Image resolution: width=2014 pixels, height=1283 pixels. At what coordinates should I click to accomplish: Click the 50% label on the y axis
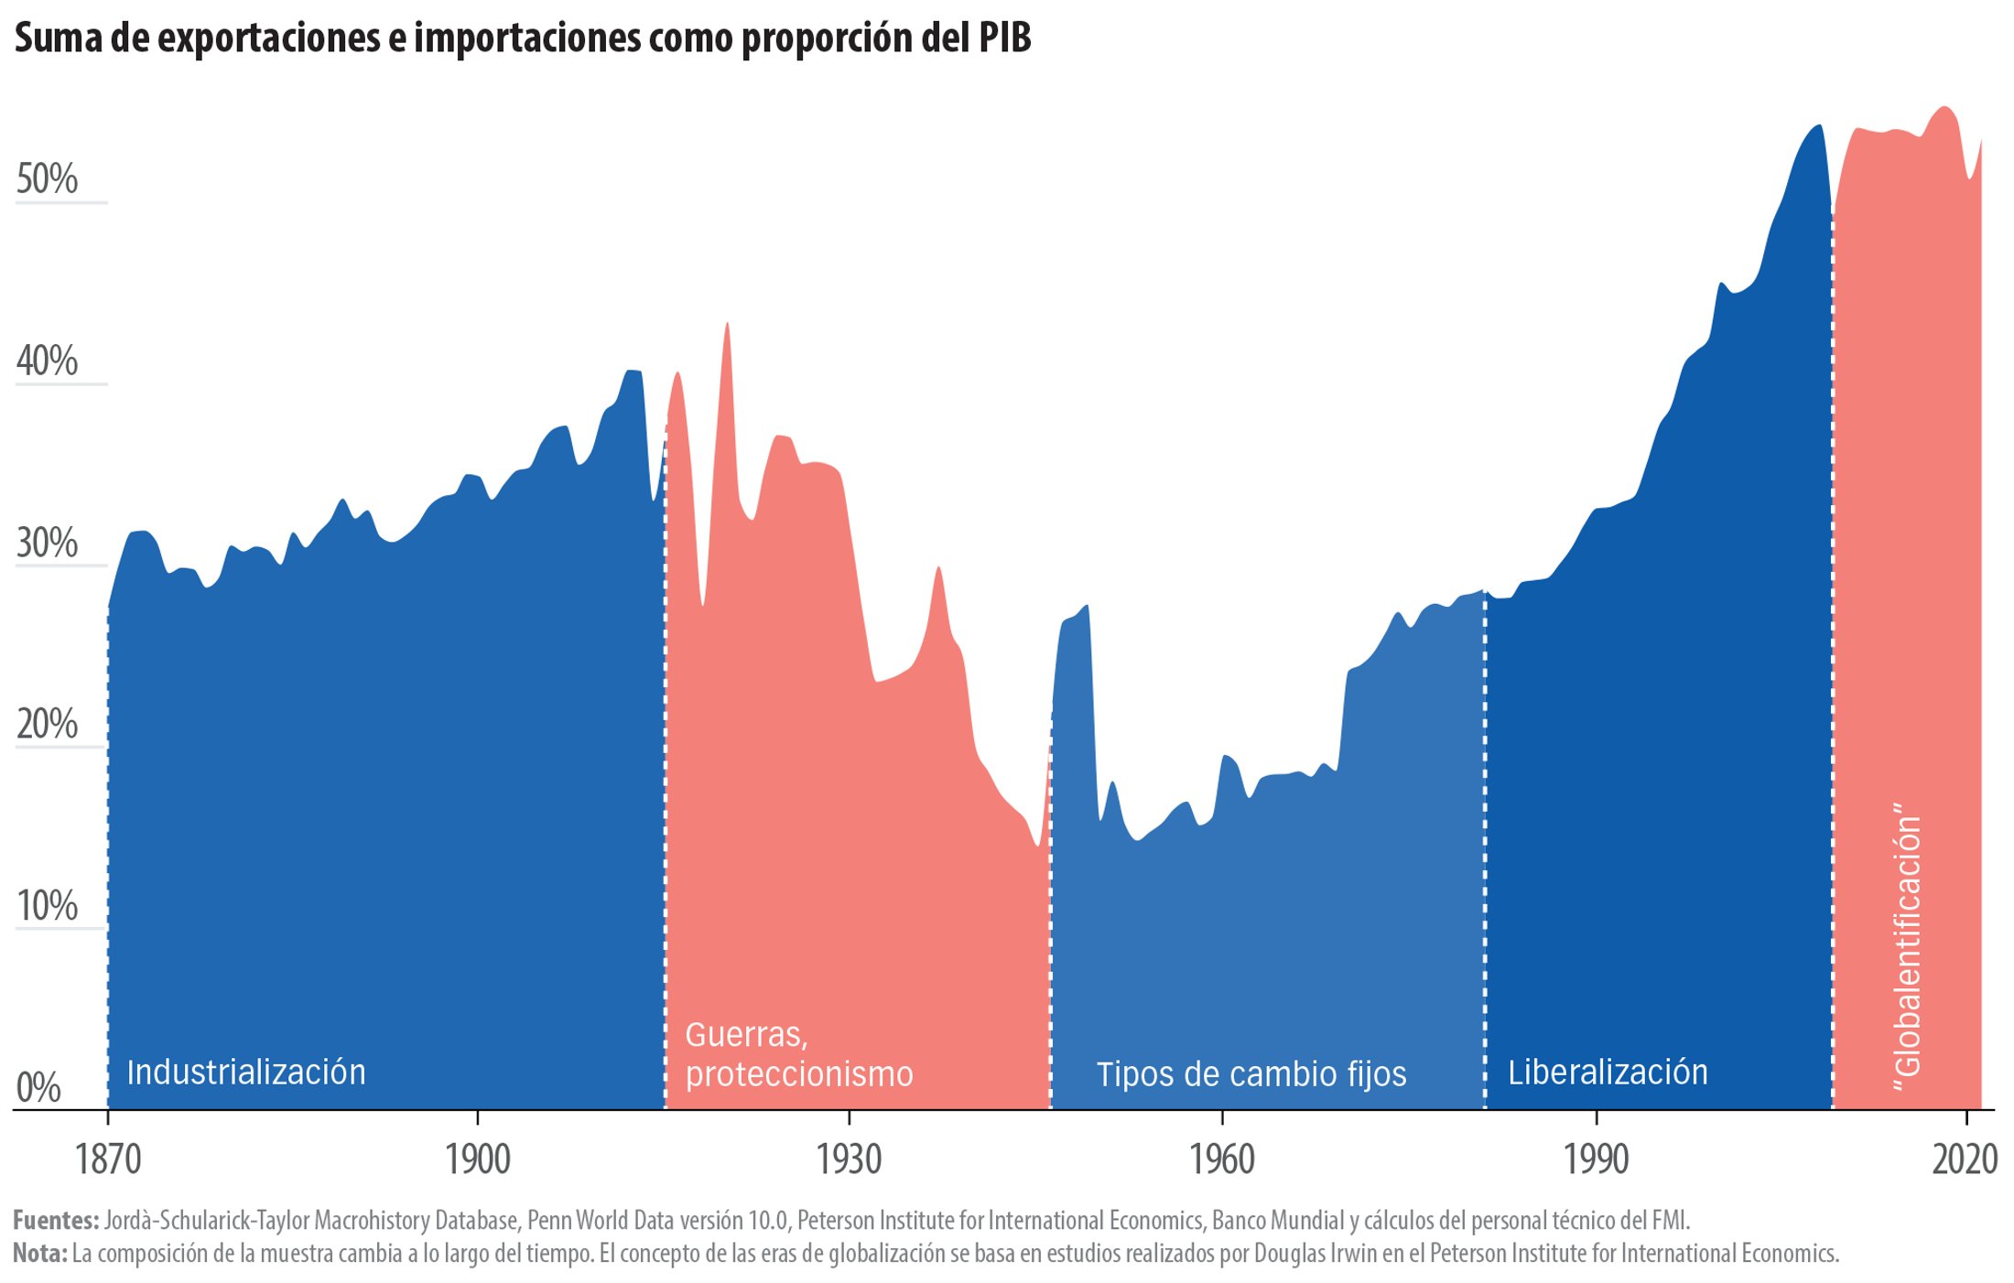(47, 179)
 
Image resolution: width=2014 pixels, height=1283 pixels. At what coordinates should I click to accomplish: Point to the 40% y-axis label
(47, 361)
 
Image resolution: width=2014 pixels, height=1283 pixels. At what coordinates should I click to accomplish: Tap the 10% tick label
(47, 906)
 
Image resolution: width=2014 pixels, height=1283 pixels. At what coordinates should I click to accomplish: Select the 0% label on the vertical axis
(38, 1088)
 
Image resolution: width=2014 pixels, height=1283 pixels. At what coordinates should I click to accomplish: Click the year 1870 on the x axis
(108, 1160)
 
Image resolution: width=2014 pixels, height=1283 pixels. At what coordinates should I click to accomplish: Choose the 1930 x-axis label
(849, 1160)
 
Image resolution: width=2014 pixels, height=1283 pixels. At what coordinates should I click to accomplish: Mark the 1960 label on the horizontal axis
(1221, 1160)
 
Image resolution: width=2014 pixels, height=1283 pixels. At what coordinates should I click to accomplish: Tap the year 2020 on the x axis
(1965, 1160)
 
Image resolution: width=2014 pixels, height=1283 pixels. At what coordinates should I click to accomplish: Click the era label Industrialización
(246, 1073)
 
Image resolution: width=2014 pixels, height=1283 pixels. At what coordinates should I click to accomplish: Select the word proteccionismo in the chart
(799, 1074)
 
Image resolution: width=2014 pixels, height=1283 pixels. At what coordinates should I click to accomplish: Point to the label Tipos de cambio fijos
(1251, 1074)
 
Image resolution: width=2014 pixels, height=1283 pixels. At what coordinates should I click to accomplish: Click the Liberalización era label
(1608, 1073)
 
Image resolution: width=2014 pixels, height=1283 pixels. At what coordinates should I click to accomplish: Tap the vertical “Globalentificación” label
(1907, 947)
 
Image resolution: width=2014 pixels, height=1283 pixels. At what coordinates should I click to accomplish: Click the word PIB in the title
(1004, 38)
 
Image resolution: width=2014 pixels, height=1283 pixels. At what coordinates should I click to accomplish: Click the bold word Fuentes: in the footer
(56, 1220)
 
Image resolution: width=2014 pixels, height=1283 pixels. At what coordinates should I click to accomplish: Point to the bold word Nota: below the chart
(40, 1253)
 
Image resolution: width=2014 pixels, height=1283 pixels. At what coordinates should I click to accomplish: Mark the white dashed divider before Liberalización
(1484, 851)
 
